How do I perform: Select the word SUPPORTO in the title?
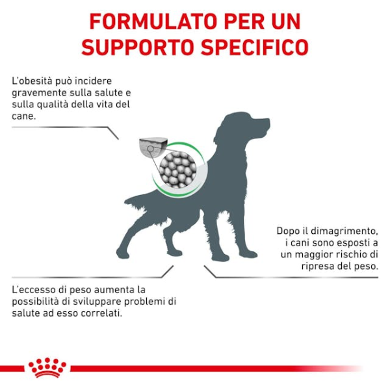[129, 48]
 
